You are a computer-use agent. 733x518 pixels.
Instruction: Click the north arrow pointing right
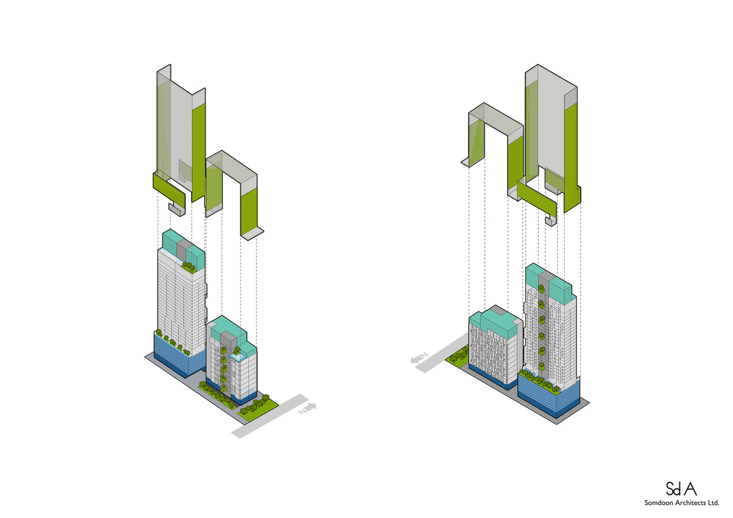pyautogui.click(x=308, y=408)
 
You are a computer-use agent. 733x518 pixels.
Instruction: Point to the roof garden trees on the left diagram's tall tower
pyautogui.click(x=189, y=266)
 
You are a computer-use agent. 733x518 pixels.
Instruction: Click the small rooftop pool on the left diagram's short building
pyautogui.click(x=237, y=356)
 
